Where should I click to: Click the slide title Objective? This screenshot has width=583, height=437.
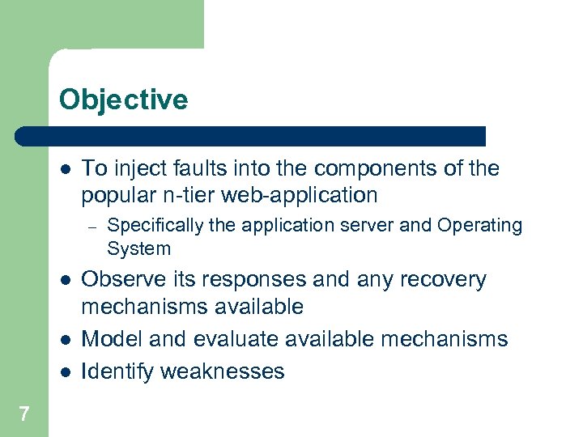point(123,100)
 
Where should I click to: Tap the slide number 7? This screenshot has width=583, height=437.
point(24,414)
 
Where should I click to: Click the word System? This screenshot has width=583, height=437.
point(138,248)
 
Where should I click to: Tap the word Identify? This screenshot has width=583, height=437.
point(118,371)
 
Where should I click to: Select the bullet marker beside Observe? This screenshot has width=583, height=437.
point(66,280)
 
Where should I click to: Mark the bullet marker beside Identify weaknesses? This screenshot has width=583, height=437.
point(66,371)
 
